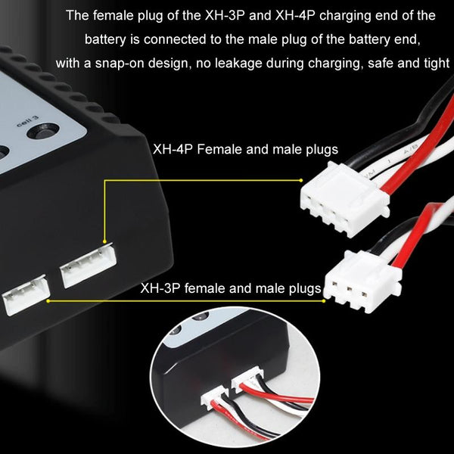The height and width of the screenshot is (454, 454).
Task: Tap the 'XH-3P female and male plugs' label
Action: click(x=231, y=288)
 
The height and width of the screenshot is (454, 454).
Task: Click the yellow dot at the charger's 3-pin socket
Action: click(x=47, y=300)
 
